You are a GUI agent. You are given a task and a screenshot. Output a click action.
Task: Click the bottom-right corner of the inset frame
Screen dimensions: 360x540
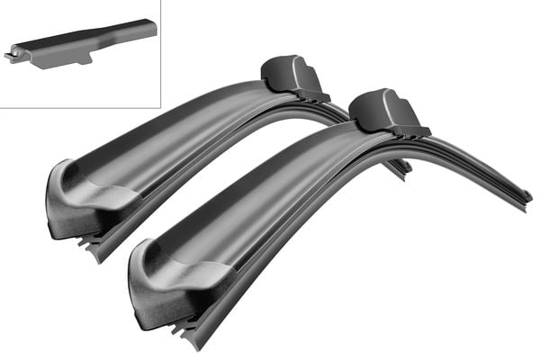tap(160, 108)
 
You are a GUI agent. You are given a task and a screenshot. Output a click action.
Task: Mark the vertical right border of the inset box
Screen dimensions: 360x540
tap(160, 54)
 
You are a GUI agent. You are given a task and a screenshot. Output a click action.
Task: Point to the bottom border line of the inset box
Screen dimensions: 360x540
tap(81, 108)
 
